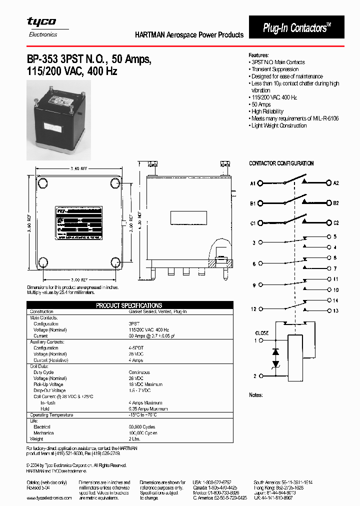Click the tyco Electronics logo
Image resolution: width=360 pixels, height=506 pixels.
41,26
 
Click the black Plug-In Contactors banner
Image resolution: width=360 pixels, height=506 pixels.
297,28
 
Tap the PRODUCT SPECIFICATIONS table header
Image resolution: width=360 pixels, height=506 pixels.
129,305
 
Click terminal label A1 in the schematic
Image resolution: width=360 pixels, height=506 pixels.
253,183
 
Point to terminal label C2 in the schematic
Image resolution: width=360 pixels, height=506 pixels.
336,222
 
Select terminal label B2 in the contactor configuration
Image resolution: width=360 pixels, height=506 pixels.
336,203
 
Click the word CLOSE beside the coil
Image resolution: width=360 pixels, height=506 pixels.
261,333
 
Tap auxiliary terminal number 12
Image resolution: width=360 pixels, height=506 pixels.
254,309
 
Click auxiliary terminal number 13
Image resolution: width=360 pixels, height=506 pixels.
335,311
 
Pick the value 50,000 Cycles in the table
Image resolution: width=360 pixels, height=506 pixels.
142,427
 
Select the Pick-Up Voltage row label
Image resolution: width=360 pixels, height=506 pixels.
49,384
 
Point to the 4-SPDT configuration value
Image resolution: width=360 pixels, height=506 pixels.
137,348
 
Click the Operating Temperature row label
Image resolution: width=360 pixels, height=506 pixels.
51,415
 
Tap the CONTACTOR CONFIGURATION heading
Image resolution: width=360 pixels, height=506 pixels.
281,163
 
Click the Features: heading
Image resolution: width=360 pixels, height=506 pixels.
259,55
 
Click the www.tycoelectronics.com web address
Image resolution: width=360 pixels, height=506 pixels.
49,498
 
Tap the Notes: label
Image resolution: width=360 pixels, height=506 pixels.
256,395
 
